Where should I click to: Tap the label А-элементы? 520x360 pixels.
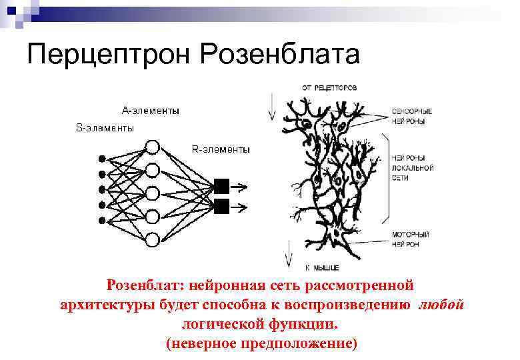point(150,111)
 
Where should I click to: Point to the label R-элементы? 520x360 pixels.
point(221,149)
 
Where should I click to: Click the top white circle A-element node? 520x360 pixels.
point(152,147)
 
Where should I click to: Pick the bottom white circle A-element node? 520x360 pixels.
point(152,239)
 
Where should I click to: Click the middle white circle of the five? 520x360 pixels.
point(152,193)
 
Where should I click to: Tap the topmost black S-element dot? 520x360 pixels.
point(102,159)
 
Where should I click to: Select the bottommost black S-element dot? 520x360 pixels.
point(102,221)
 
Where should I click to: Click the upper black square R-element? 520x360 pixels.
point(222,186)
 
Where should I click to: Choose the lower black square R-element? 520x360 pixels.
point(222,205)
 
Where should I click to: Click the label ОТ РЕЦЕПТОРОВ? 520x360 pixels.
point(329,87)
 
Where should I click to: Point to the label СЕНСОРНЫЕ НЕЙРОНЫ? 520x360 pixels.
point(413,115)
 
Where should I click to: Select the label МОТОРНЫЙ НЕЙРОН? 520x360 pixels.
point(411,239)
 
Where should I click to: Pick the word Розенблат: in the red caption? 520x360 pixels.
point(145,285)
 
